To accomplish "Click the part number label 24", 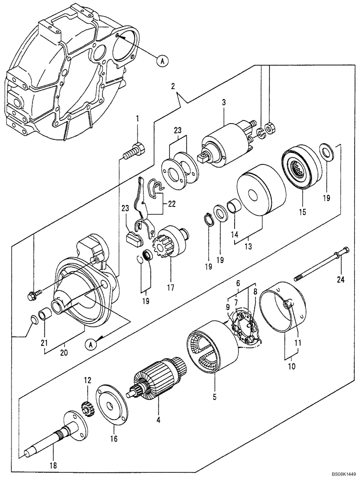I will coord(340,280).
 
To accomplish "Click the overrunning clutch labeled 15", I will coord(301,167).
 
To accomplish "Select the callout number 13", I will coord(248,248).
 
